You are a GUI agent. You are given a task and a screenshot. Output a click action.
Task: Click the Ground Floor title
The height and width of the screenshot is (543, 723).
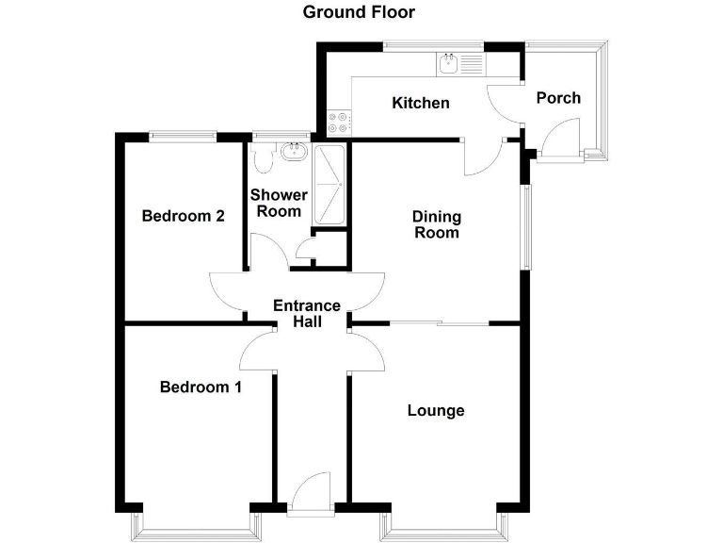(x=359, y=12)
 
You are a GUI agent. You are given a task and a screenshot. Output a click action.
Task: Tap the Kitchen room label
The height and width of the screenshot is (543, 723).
(x=421, y=103)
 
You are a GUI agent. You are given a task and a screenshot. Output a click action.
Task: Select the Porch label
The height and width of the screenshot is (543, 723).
(x=557, y=98)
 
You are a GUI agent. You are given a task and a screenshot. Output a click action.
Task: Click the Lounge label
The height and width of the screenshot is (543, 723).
(x=436, y=410)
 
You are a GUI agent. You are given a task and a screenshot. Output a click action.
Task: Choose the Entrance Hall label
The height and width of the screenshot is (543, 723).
(x=306, y=313)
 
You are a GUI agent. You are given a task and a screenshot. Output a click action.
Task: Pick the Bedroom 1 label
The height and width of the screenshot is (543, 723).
(x=201, y=387)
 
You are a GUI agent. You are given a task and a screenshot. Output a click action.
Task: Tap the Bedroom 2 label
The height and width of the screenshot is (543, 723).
(x=183, y=216)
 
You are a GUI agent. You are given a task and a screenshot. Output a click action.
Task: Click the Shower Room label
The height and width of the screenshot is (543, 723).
(x=278, y=203)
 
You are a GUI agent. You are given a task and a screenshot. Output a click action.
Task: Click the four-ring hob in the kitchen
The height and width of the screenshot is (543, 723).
(x=338, y=123)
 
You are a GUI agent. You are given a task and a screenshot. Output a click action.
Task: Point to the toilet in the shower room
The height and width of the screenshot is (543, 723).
(x=265, y=159)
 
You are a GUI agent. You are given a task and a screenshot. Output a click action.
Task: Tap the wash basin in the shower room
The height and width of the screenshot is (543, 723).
(x=294, y=151)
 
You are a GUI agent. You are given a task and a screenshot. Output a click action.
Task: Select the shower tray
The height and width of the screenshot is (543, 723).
(x=329, y=185)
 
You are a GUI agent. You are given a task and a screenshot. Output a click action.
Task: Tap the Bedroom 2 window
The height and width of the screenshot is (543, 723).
(x=184, y=135)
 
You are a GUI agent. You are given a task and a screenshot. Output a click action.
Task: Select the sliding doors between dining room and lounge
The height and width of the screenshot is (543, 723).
(x=440, y=324)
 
